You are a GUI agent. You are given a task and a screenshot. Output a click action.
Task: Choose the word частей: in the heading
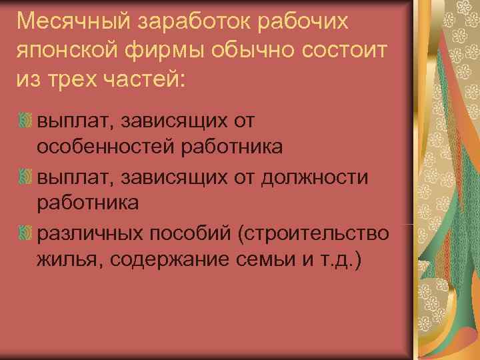click(x=146, y=81)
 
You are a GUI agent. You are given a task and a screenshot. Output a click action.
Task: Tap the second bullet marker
click(x=25, y=177)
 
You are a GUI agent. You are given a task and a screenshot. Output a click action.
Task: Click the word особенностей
click(x=107, y=146)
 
